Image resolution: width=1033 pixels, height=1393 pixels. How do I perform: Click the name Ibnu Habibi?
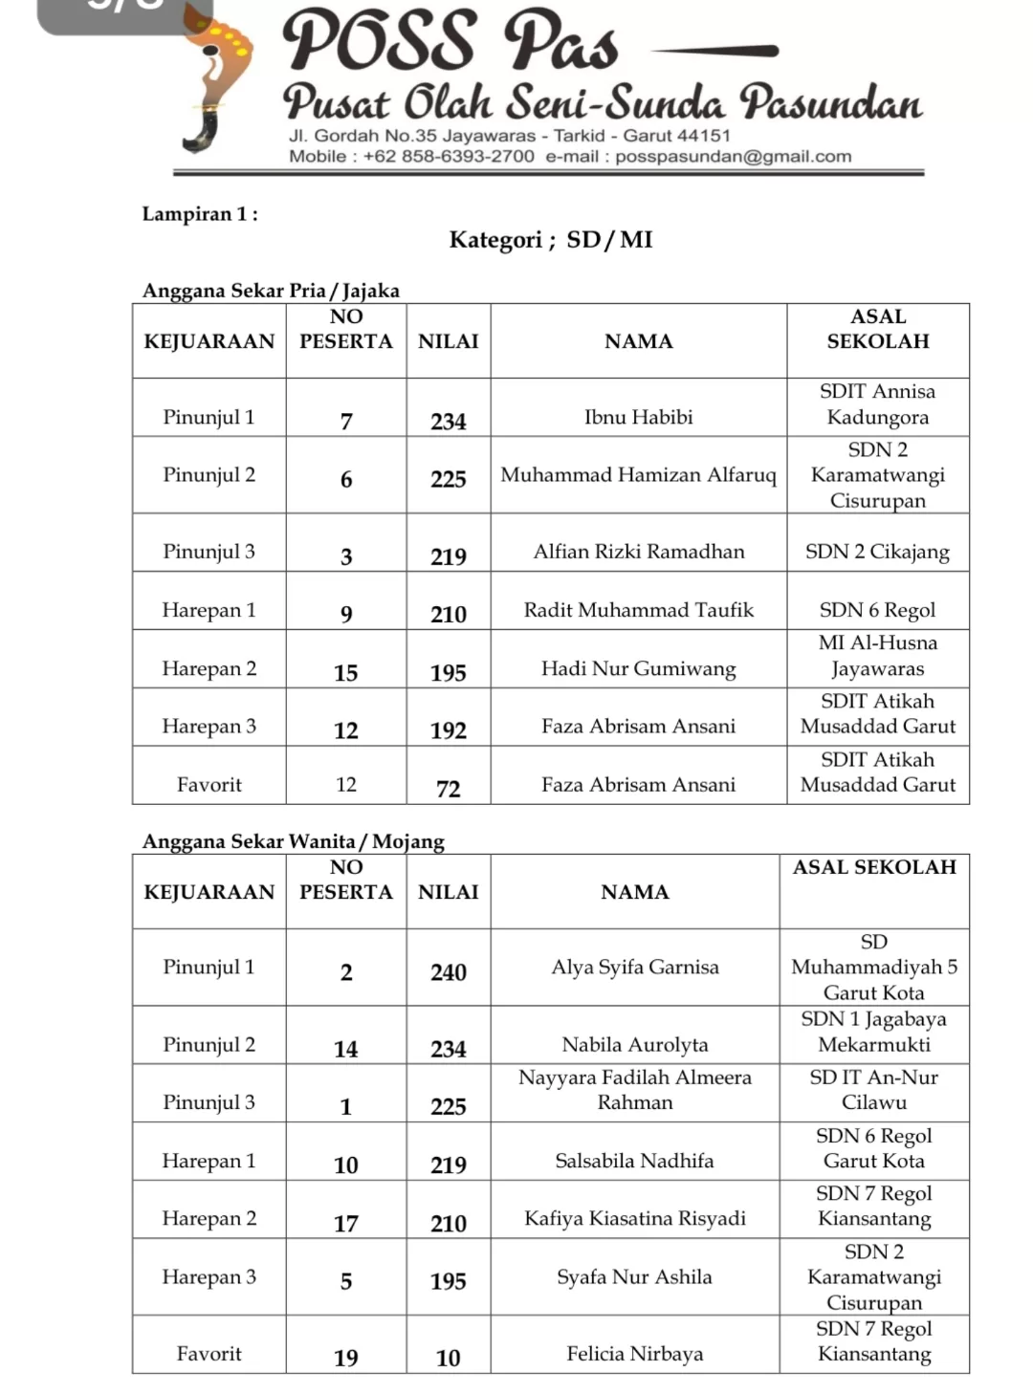[x=638, y=417]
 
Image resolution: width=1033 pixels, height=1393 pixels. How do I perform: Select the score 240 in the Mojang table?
[x=448, y=972]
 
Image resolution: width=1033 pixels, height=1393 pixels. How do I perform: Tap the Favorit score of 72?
[x=448, y=789]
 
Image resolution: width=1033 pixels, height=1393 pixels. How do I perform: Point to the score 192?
[x=448, y=730]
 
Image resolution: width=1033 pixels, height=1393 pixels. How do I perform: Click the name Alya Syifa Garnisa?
[x=634, y=967]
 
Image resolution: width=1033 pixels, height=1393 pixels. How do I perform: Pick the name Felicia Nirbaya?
[x=634, y=1354]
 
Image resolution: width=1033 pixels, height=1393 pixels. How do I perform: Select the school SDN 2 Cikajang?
[x=877, y=552]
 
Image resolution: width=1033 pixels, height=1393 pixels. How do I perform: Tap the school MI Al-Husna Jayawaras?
[x=877, y=656]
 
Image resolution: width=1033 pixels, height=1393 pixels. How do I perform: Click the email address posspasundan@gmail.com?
[x=733, y=157]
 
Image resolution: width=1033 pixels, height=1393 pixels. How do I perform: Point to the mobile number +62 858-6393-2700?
[x=449, y=157]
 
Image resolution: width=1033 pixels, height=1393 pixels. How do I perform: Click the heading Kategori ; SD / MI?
[x=551, y=239]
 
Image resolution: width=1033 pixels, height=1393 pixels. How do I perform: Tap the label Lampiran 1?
[x=200, y=214]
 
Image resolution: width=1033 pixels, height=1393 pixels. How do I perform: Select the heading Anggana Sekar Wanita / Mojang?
[x=293, y=841]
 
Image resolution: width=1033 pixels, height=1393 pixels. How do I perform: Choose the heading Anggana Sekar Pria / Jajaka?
[x=271, y=291]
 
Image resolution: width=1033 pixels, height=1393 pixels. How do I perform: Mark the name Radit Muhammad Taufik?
[x=638, y=610]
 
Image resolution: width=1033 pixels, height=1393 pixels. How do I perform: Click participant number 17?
[x=345, y=1224]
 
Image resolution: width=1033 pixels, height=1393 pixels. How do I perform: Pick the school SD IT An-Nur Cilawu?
[x=873, y=1090]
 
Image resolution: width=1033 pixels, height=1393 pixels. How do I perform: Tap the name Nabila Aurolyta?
[x=634, y=1045]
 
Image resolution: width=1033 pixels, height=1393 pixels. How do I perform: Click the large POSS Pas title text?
[x=450, y=42]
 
